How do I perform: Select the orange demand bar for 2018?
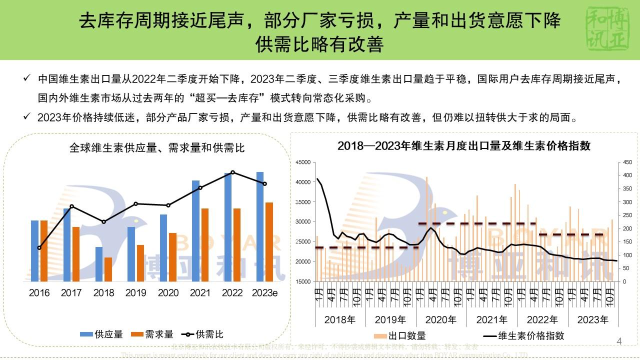pos(108,269)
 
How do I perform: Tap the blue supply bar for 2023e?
pos(260,227)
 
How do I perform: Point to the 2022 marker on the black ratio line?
pos(232,172)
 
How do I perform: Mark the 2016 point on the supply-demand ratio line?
pos(39,248)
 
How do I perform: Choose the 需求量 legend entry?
pos(152,334)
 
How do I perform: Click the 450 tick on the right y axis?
pos(627,162)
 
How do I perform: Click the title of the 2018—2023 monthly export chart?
pos(464,146)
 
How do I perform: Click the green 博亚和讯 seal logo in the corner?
pos(607,29)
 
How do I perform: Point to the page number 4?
pos(619,342)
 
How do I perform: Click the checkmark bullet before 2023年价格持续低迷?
pos(27,117)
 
